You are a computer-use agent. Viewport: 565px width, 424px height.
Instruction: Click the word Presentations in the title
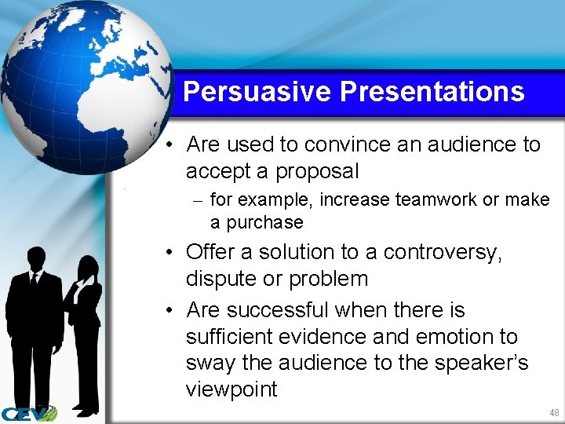[432, 92]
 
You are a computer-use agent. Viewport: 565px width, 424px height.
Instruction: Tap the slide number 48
[554, 413]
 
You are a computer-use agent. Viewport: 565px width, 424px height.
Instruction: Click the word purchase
[264, 222]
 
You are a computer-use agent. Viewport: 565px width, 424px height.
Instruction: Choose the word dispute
[221, 279]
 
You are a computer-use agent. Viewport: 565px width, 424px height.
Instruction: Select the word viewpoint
[231, 390]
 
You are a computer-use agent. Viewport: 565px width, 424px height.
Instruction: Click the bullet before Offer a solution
[169, 253]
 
